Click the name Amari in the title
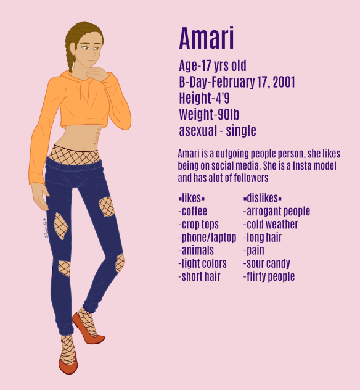[206, 39]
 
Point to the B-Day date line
[237, 82]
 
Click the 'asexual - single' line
[217, 131]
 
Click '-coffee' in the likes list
[192, 212]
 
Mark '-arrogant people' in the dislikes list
[277, 212]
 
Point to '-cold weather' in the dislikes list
[271, 225]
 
